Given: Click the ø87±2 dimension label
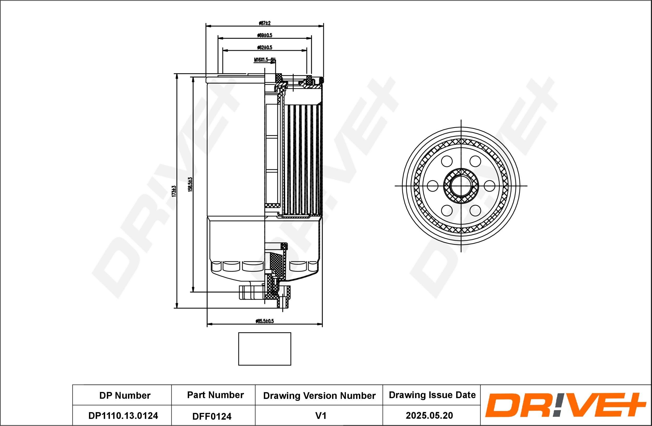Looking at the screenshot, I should point(265,23).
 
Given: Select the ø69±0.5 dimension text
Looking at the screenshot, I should point(265,35).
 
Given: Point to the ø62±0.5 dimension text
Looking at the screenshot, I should point(265,48).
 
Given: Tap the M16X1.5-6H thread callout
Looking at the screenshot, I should point(264,59).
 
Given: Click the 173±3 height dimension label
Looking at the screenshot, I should point(173,191).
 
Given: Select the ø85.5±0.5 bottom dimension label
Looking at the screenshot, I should point(264,321).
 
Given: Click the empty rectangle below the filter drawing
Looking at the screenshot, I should point(265,349).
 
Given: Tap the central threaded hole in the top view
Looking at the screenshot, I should point(461,186).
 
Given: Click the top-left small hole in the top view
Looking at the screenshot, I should point(447,161).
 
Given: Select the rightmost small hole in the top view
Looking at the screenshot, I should point(489,186).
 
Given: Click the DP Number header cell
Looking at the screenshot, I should point(125,395).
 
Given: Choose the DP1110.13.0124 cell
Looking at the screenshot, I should point(123,416).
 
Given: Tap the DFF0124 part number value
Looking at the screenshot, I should point(212,416).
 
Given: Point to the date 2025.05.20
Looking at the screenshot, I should point(429,416).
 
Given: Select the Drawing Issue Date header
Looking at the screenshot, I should point(432,395).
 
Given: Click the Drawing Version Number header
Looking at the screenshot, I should point(319,395).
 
